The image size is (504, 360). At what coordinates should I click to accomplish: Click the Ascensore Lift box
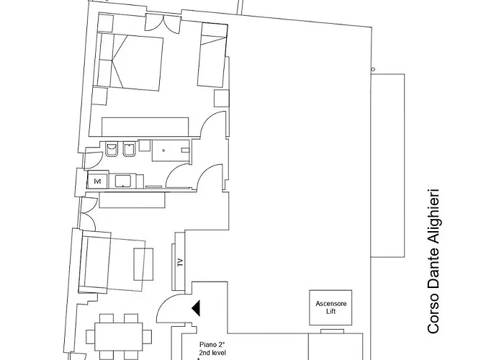pos(330,307)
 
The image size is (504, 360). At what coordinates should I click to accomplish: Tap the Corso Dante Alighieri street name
pos(433,261)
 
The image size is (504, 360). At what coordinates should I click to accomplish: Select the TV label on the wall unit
pos(180,262)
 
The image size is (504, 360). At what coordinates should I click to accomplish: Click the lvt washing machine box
pos(98,181)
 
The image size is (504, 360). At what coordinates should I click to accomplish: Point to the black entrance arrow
pos(196,308)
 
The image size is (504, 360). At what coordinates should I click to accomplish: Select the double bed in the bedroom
pos(130,62)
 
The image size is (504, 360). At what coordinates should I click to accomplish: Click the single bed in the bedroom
pos(212,55)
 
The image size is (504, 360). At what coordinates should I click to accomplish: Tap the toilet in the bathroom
pos(111,150)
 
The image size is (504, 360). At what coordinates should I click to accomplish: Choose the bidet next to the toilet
pos(129,150)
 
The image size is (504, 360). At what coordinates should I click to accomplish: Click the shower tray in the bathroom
pos(171,150)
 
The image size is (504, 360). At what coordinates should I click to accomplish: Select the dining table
pos(119,336)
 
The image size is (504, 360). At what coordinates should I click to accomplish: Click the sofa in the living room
pos(94,263)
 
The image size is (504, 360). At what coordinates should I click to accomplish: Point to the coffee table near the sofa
pos(143,264)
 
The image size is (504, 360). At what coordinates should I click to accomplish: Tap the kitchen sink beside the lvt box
pos(123,181)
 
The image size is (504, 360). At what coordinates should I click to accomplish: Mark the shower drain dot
pos(163,150)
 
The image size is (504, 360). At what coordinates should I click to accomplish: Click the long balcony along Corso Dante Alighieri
pos(387,166)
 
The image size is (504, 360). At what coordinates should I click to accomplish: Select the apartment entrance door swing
pos(171,307)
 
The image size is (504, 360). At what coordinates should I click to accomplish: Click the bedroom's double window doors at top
pos(162,23)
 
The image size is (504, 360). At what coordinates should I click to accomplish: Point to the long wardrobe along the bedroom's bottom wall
pos(145,127)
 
